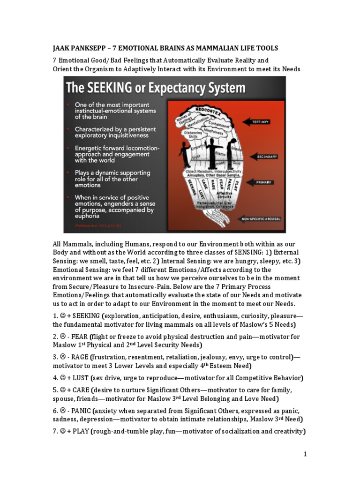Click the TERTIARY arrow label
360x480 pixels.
pyautogui.click(x=261, y=121)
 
